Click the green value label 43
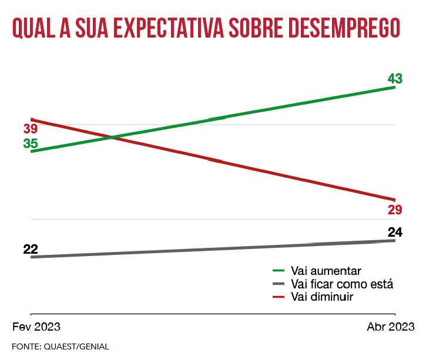tap(395, 79)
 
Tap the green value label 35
tap(31, 143)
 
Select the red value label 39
tap(31, 129)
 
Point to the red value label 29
tap(394, 210)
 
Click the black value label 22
tap(31, 249)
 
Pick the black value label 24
tap(395, 232)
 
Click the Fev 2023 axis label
tap(36, 327)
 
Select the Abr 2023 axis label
tap(391, 327)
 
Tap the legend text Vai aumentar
tap(326, 271)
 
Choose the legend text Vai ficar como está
tap(341, 284)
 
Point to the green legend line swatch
tap(279, 271)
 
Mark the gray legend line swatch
tap(279, 284)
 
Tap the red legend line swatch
tap(279, 297)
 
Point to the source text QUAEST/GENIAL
tap(76, 346)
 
